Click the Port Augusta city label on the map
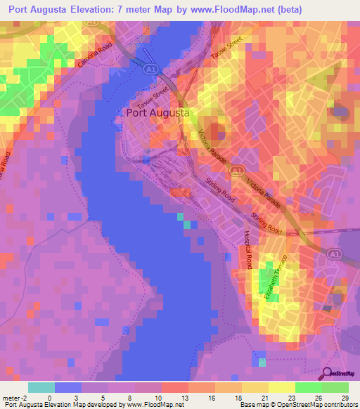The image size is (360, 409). [160, 112]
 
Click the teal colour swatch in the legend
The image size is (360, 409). [41, 387]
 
